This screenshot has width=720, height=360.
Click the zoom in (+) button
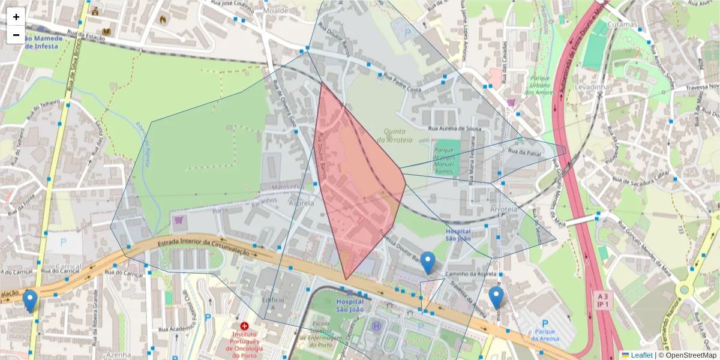pos(16,17)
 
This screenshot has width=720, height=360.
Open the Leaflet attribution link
pos(641,355)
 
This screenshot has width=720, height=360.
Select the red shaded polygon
pos(357,180)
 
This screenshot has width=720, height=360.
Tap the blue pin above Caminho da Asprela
pos(427,262)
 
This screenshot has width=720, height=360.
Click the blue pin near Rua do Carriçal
pos(29,300)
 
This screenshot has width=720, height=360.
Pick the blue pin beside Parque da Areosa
pos(496,296)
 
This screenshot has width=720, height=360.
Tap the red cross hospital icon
pos(245,326)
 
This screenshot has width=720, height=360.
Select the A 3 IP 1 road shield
pos(603,300)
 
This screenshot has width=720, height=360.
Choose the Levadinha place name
pos(592,87)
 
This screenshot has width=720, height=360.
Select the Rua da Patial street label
pos(524,154)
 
